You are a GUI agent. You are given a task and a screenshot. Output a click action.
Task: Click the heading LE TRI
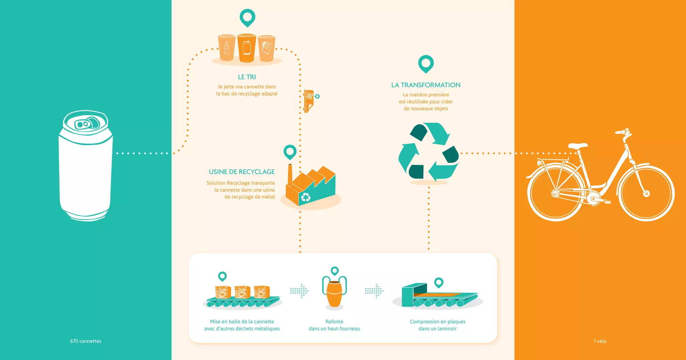247,77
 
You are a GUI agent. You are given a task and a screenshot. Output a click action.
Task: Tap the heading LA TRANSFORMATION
426,85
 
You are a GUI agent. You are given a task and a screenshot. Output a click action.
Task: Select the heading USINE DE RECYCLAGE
242,172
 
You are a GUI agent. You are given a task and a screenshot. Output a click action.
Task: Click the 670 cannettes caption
86,341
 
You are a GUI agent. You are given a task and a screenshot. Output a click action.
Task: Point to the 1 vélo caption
600,341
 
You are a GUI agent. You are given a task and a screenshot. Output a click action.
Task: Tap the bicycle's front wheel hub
646,194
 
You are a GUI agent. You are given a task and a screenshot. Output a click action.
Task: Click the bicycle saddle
578,146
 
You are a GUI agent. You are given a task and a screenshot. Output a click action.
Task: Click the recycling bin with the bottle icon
227,48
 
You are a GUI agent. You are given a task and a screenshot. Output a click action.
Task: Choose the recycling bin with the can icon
247,48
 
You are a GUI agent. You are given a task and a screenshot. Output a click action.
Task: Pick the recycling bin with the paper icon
267,48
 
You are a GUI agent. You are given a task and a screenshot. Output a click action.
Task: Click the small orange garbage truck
308,101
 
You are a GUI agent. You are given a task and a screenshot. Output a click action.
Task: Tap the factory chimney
290,174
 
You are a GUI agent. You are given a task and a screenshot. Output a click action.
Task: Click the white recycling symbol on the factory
305,197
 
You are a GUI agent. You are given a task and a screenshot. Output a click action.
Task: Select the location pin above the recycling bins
247,17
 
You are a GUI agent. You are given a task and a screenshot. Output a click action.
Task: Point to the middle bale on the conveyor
242,292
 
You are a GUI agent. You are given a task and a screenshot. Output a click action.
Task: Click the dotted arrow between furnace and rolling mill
374,291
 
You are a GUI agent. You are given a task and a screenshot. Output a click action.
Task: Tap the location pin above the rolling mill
438,282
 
